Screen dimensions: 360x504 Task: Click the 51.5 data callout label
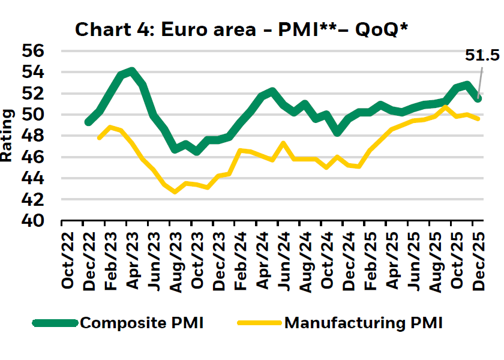pyautogui.click(x=482, y=56)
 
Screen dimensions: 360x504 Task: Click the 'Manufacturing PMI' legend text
pyautogui.click(x=363, y=323)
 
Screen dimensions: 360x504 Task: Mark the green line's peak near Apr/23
pyautogui.click(x=131, y=71)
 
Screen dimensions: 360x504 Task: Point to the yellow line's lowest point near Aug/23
pyautogui.click(x=175, y=192)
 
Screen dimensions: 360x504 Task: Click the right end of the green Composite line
pyautogui.click(x=479, y=98)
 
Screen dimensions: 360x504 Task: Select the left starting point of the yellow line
pyautogui.click(x=99, y=138)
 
